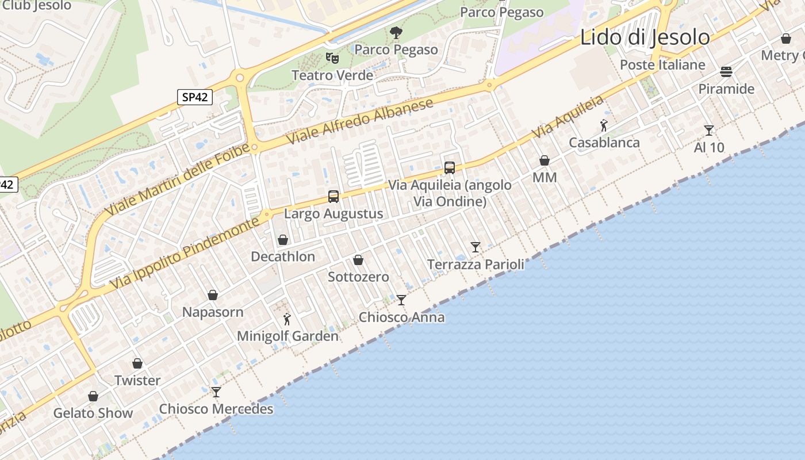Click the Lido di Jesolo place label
pyautogui.click(x=645, y=37)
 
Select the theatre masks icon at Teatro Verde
pyautogui.click(x=332, y=57)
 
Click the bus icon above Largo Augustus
pyautogui.click(x=333, y=197)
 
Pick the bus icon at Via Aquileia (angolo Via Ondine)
pyautogui.click(x=450, y=167)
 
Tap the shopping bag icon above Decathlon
pyautogui.click(x=283, y=239)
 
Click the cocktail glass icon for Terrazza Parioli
pyautogui.click(x=476, y=247)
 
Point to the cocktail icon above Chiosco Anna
pyautogui.click(x=401, y=300)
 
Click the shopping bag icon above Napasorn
pyautogui.click(x=213, y=295)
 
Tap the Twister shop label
pyautogui.click(x=137, y=380)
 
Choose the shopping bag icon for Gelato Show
pyautogui.click(x=93, y=396)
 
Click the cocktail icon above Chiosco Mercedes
pyautogui.click(x=216, y=392)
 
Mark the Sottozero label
pyautogui.click(x=358, y=277)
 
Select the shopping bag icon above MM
pyautogui.click(x=545, y=160)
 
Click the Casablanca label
pyautogui.click(x=604, y=143)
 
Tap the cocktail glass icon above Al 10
pyautogui.click(x=709, y=131)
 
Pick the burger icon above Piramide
pyautogui.click(x=726, y=72)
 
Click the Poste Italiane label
pyautogui.click(x=662, y=64)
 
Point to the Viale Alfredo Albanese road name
pyautogui.click(x=362, y=122)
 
